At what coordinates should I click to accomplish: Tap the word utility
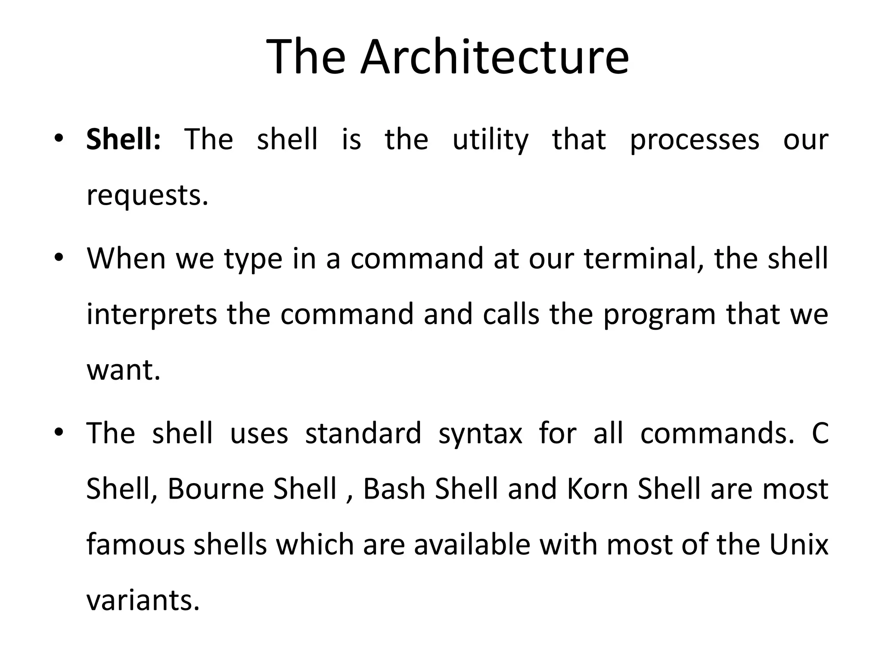(x=490, y=140)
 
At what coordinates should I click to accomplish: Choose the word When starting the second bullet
(x=126, y=258)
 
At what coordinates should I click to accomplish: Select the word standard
(x=363, y=433)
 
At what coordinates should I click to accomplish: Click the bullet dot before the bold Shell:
(x=59, y=138)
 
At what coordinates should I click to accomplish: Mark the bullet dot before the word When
(x=59, y=257)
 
